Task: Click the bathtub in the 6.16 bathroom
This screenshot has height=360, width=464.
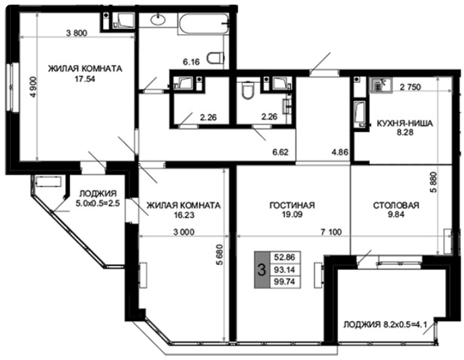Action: pos(203,23)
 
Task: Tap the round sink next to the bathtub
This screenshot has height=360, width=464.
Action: pos(158,20)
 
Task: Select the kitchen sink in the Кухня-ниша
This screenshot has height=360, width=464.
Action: pos(381,85)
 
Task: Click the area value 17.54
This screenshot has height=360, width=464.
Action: pos(85,79)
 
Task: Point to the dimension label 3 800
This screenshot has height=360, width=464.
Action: pos(77,33)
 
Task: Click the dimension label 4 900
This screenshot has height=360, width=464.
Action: pos(34,87)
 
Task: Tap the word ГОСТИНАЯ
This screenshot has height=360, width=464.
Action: pos(292,205)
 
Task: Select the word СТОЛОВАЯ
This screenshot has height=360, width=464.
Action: pos(396,205)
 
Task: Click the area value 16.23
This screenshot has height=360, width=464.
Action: pos(184,215)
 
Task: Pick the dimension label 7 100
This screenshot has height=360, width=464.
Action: pos(331,232)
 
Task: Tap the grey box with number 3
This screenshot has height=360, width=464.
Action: pos(262,270)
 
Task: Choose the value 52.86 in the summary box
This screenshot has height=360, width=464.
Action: pos(285,257)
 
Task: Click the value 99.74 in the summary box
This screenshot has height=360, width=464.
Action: pos(285,282)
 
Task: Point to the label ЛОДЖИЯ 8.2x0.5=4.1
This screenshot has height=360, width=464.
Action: pos(385,325)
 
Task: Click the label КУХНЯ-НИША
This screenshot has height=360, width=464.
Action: pos(405,123)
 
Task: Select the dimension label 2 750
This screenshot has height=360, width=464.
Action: pos(410,87)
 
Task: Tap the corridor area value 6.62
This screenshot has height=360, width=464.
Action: pos(281,152)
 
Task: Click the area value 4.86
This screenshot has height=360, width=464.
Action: pos(340,152)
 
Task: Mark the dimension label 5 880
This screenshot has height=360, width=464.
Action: pos(434,182)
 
